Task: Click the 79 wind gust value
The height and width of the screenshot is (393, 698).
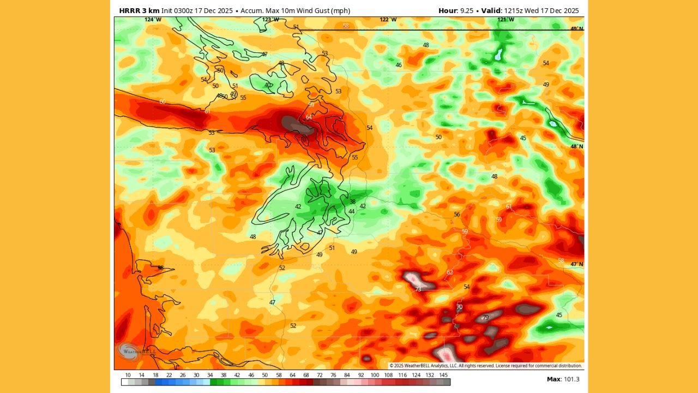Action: pyautogui.click(x=485, y=317)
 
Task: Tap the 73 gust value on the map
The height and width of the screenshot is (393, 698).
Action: pyautogui.click(x=418, y=289)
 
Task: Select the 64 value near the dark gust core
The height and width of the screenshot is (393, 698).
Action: pyautogui.click(x=309, y=117)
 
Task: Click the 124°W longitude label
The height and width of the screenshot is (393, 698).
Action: pyautogui.click(x=153, y=20)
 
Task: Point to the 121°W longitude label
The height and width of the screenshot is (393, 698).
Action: pyautogui.click(x=506, y=20)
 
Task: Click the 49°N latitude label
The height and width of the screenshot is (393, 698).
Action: pyautogui.click(x=577, y=28)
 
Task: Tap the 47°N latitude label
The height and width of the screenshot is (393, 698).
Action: pyautogui.click(x=577, y=264)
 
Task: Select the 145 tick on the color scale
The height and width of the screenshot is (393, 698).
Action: pyautogui.click(x=444, y=376)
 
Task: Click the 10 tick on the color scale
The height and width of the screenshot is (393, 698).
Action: pyautogui.click(x=128, y=376)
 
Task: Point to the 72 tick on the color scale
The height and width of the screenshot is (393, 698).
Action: pyautogui.click(x=319, y=376)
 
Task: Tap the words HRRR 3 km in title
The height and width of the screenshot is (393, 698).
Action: pyautogui.click(x=139, y=10)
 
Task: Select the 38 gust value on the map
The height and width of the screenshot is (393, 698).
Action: pyautogui.click(x=352, y=201)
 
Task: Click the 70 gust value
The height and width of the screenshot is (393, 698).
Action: pyautogui.click(x=459, y=307)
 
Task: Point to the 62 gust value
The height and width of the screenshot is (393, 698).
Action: pyautogui.click(x=450, y=272)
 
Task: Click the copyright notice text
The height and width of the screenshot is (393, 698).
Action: pyautogui.click(x=485, y=366)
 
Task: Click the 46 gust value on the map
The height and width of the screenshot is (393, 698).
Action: pyautogui.click(x=399, y=65)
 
